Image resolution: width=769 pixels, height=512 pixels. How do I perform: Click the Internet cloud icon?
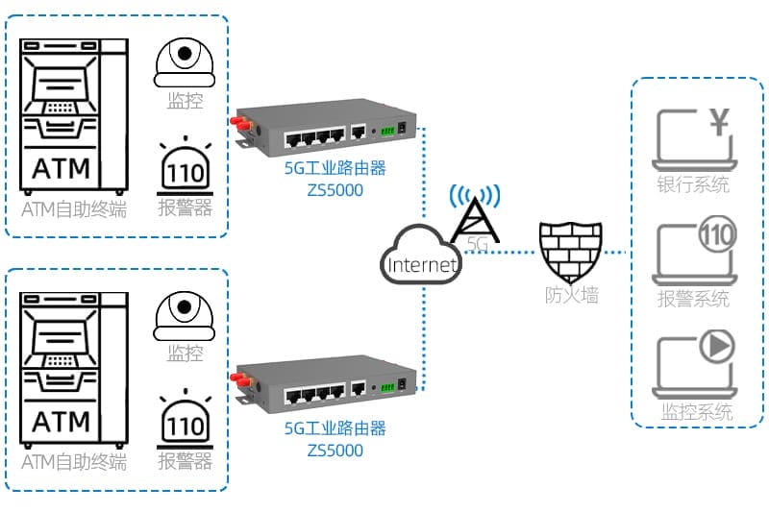[x=420, y=256]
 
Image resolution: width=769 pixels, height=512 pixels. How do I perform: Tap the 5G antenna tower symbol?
[x=475, y=213]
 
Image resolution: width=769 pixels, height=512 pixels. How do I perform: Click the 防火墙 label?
[x=571, y=296]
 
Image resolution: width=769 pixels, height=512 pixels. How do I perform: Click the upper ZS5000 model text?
[x=335, y=189]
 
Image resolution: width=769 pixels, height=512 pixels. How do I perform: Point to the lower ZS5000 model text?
[x=335, y=449]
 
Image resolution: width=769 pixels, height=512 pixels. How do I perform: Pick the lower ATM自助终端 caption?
[x=74, y=463]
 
